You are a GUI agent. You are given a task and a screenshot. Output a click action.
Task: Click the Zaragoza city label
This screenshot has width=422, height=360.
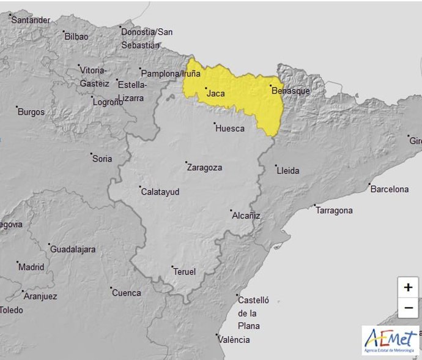(x=204, y=167)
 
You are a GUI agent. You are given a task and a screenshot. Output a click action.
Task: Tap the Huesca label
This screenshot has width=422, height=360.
(x=230, y=129)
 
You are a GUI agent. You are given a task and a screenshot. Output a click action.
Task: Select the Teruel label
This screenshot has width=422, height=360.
(x=184, y=272)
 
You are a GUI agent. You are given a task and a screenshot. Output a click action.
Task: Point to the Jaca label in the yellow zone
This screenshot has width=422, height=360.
(x=216, y=94)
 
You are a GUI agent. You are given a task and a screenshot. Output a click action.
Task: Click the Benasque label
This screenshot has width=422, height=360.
(x=291, y=91)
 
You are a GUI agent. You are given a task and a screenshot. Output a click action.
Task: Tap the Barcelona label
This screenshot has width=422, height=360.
(x=390, y=189)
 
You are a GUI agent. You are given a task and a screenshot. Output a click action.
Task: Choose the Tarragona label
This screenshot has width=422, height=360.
(x=334, y=211)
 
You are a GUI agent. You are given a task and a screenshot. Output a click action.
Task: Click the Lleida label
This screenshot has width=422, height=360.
(x=288, y=171)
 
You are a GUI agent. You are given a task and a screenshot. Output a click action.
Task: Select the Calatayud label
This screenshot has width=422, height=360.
(x=160, y=192)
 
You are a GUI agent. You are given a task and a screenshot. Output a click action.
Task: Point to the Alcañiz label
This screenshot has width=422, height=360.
(x=246, y=216)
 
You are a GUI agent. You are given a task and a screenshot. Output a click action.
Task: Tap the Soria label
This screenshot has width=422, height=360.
(x=102, y=159)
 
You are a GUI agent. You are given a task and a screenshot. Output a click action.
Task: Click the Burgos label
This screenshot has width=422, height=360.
(x=31, y=112)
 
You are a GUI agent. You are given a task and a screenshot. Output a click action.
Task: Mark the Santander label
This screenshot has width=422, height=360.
(x=31, y=20)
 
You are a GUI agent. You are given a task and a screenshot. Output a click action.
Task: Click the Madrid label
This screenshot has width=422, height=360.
(x=31, y=267)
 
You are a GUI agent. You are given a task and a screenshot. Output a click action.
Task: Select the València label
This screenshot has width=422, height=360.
(x=235, y=340)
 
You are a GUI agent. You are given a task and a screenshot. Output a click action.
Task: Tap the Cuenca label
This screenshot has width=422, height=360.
(x=126, y=293)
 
